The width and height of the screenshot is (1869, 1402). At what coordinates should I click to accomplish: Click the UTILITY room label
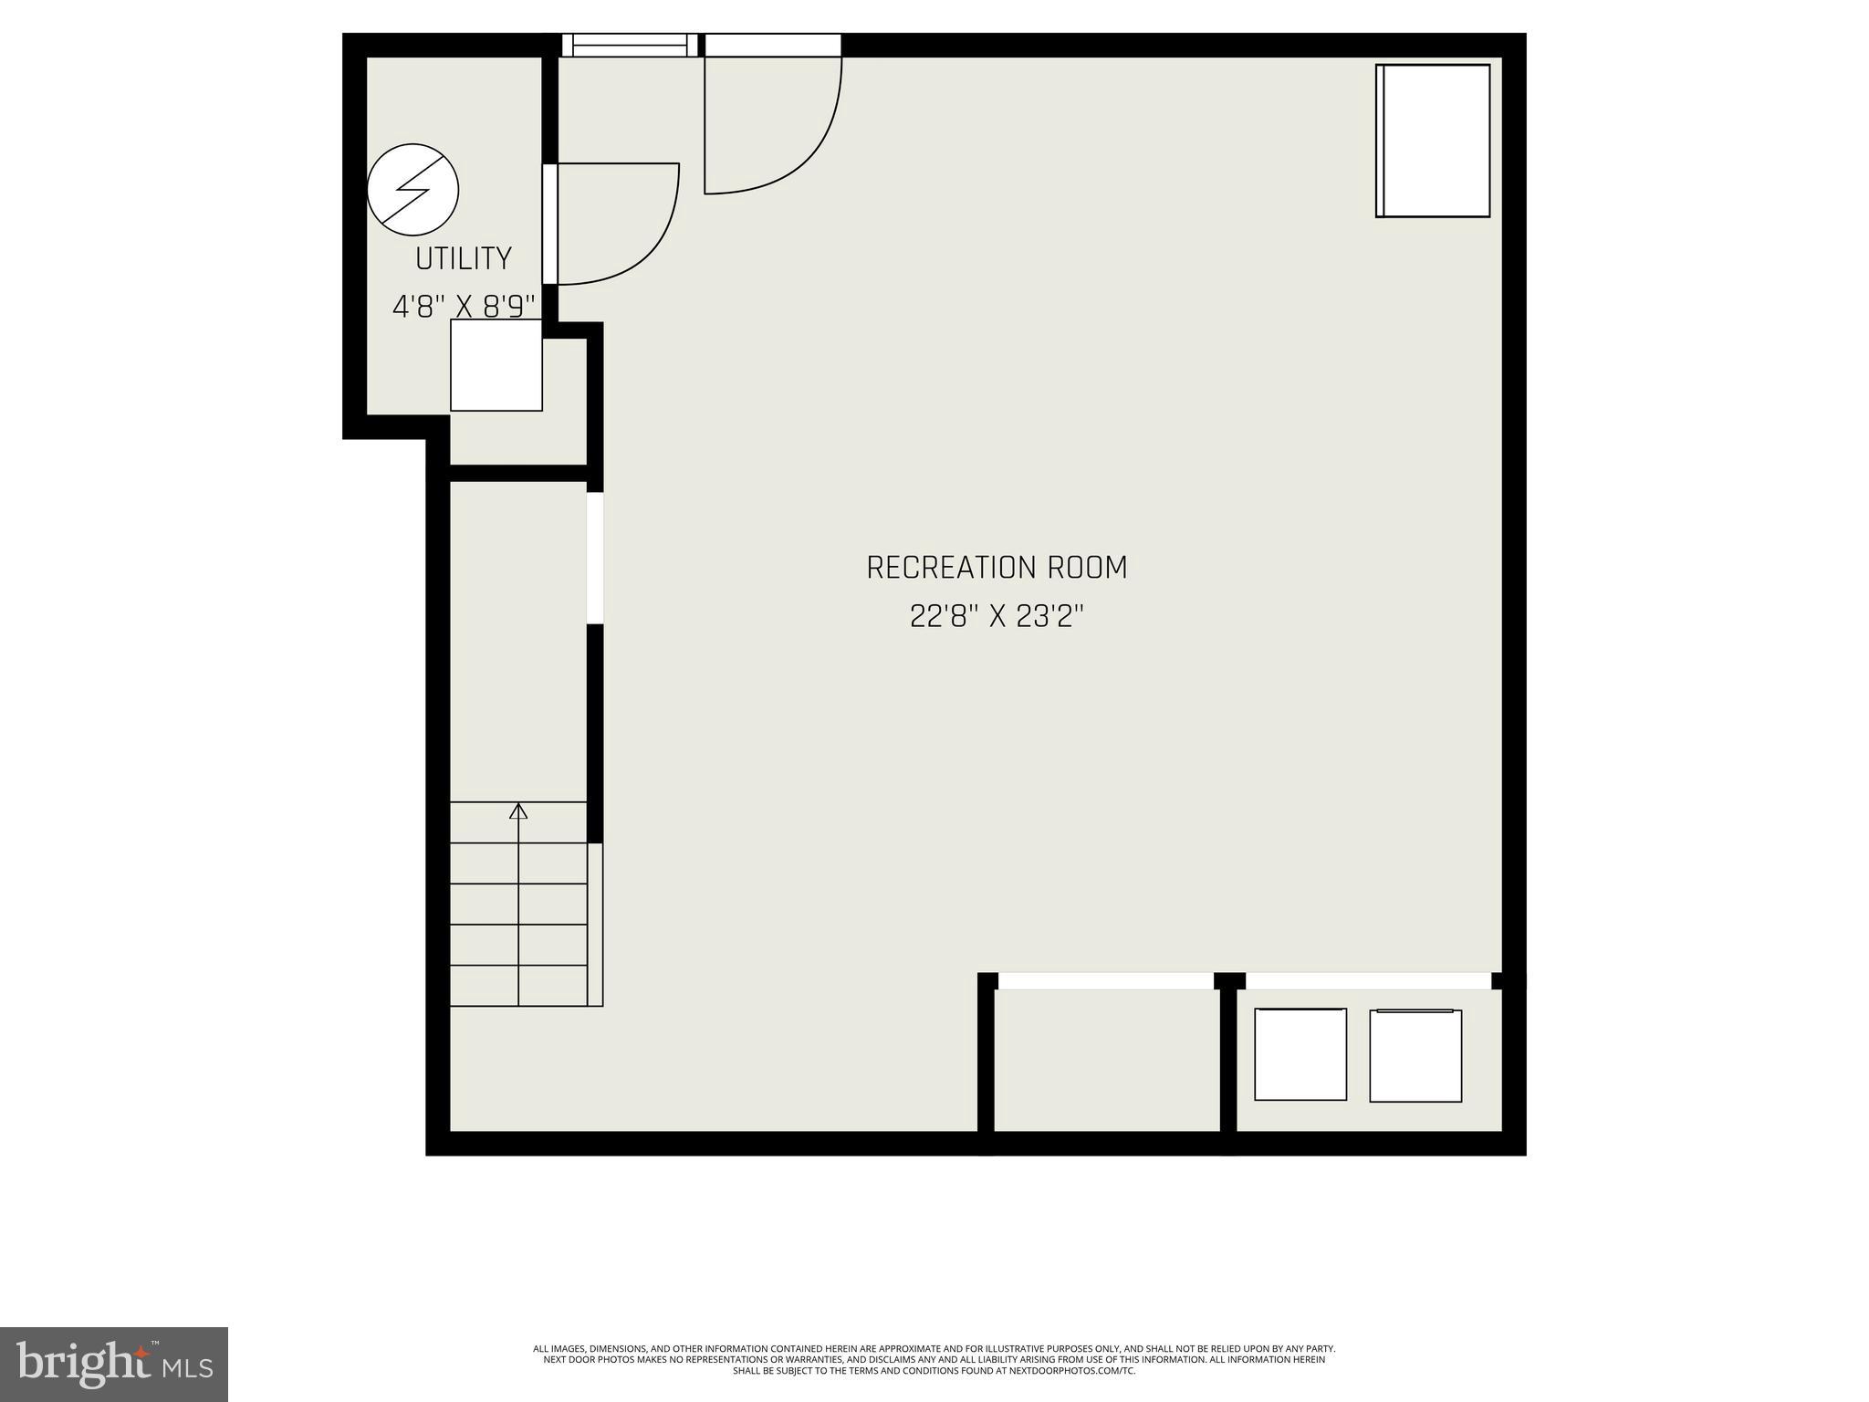[463, 259]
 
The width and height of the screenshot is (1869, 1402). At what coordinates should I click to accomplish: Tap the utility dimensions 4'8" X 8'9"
[463, 307]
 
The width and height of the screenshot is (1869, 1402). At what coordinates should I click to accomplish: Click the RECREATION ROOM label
[997, 568]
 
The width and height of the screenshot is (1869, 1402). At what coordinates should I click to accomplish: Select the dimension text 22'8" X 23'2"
[997, 617]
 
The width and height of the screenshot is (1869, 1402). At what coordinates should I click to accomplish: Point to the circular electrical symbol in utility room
[412, 190]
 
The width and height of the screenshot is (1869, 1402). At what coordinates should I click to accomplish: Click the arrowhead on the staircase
[518, 811]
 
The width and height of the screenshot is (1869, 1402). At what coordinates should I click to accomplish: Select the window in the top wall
[630, 45]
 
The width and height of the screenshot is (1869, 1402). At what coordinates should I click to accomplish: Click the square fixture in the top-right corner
[1433, 141]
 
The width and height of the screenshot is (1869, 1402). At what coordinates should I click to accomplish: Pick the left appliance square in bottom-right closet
[1300, 1053]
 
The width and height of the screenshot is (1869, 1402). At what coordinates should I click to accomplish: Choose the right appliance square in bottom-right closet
[1415, 1055]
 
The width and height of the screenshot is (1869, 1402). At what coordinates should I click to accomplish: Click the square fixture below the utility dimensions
[496, 365]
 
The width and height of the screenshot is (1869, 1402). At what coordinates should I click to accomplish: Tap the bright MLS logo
[114, 1364]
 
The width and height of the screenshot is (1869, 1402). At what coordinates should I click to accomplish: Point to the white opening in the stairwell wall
[595, 558]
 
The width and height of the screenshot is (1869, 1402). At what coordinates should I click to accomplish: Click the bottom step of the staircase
[518, 986]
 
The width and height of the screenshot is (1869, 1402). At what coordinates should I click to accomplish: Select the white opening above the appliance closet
[1368, 981]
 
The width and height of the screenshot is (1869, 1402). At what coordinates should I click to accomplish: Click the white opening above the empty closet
[1106, 981]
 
